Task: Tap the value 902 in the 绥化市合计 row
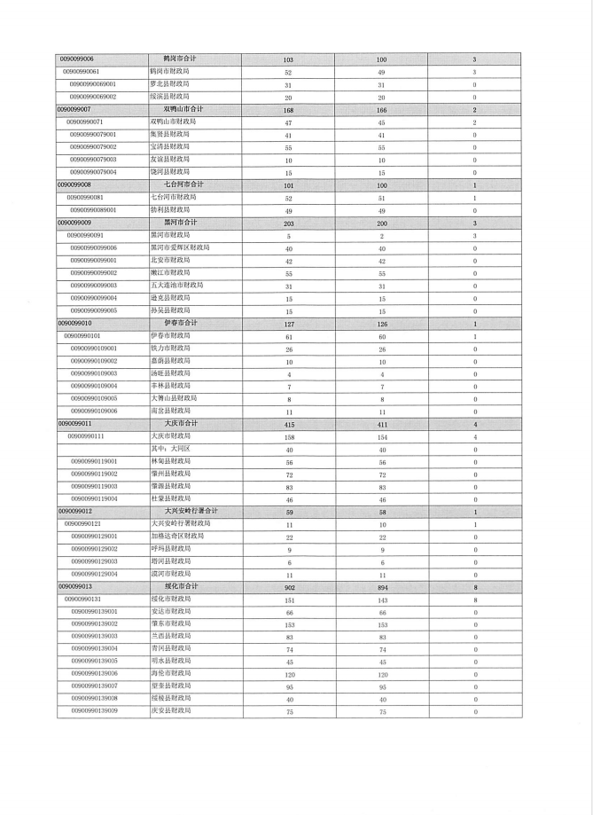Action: [288, 586]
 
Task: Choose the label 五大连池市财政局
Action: [176, 286]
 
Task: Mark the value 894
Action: [381, 586]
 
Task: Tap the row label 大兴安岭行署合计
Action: [191, 512]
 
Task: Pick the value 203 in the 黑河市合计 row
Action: [288, 223]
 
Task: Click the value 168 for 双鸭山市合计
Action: [288, 109]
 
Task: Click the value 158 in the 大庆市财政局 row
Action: [288, 436]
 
